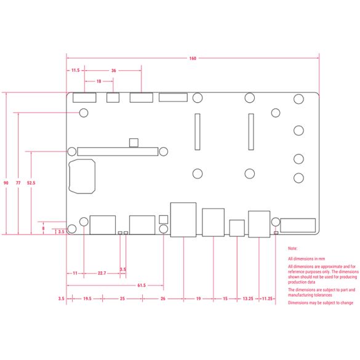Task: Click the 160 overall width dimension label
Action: [193, 58]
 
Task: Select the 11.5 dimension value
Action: [75, 70]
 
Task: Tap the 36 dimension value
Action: [114, 71]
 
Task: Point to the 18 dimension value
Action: [98, 81]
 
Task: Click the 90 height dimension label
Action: [6, 183]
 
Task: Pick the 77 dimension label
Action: [18, 183]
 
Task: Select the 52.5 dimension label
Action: [31, 183]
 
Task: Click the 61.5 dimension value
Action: [142, 286]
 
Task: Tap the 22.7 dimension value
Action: [102, 273]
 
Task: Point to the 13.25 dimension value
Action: [248, 298]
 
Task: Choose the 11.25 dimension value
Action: [267, 298]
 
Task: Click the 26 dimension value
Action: [163, 298]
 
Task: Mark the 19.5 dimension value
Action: [87, 298]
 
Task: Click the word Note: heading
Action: [292, 249]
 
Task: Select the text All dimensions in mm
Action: [306, 258]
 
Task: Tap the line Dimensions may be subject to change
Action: [321, 303]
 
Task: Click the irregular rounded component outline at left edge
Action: [69, 177]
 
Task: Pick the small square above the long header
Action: [134, 143]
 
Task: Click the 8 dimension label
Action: [43, 228]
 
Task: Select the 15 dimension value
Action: [225, 298]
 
